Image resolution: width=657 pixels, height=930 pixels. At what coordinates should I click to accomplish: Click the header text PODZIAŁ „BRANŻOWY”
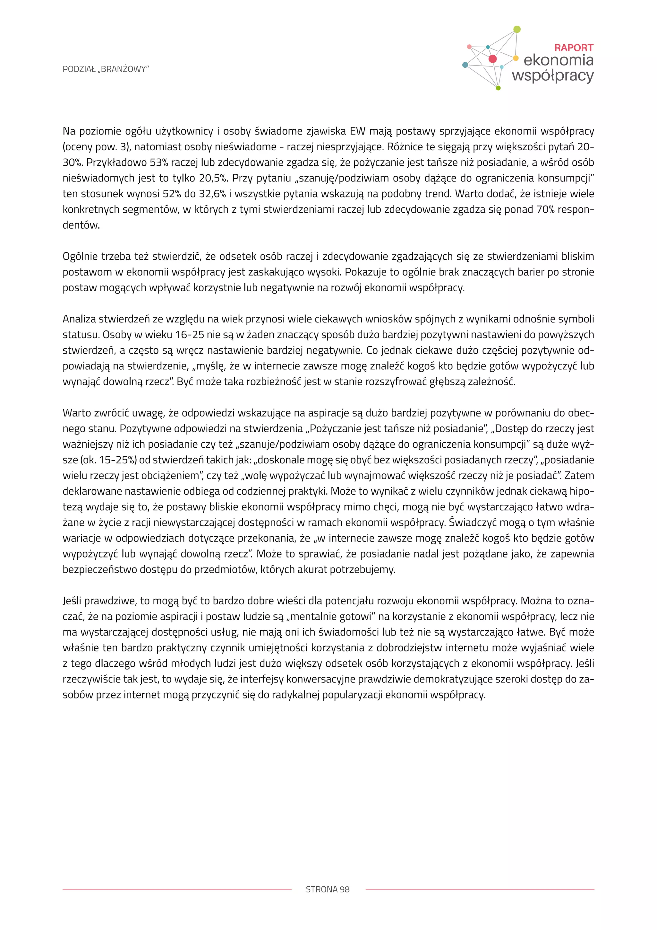106,69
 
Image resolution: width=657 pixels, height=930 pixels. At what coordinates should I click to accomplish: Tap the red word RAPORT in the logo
573,48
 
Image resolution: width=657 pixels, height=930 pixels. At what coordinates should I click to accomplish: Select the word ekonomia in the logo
558,60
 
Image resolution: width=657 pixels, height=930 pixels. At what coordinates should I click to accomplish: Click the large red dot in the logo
492,59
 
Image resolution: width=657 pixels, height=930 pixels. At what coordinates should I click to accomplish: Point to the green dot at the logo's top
516,29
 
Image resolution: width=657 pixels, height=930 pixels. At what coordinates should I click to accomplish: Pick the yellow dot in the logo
516,58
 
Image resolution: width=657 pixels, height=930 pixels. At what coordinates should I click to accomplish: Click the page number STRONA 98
328,889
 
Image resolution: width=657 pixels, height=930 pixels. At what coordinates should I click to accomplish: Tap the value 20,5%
212,178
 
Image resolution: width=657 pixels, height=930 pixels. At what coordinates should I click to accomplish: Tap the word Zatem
579,476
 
